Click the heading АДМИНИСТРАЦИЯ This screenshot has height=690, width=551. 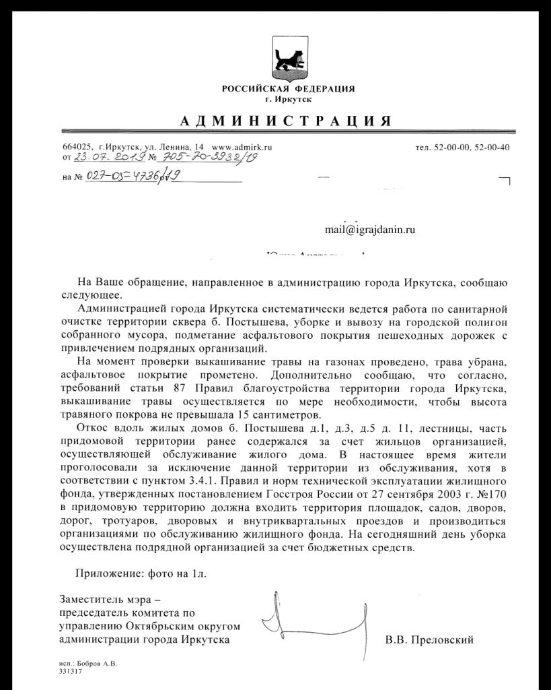coord(286,121)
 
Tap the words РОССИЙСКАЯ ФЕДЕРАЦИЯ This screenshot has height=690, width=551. coord(289,89)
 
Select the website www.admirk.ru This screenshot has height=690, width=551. coord(242,147)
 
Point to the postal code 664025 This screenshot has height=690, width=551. coord(76,147)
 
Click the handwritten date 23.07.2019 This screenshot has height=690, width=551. coord(108,157)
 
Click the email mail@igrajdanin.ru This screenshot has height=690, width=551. coord(370,230)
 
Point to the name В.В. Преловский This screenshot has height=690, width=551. coord(429,639)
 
